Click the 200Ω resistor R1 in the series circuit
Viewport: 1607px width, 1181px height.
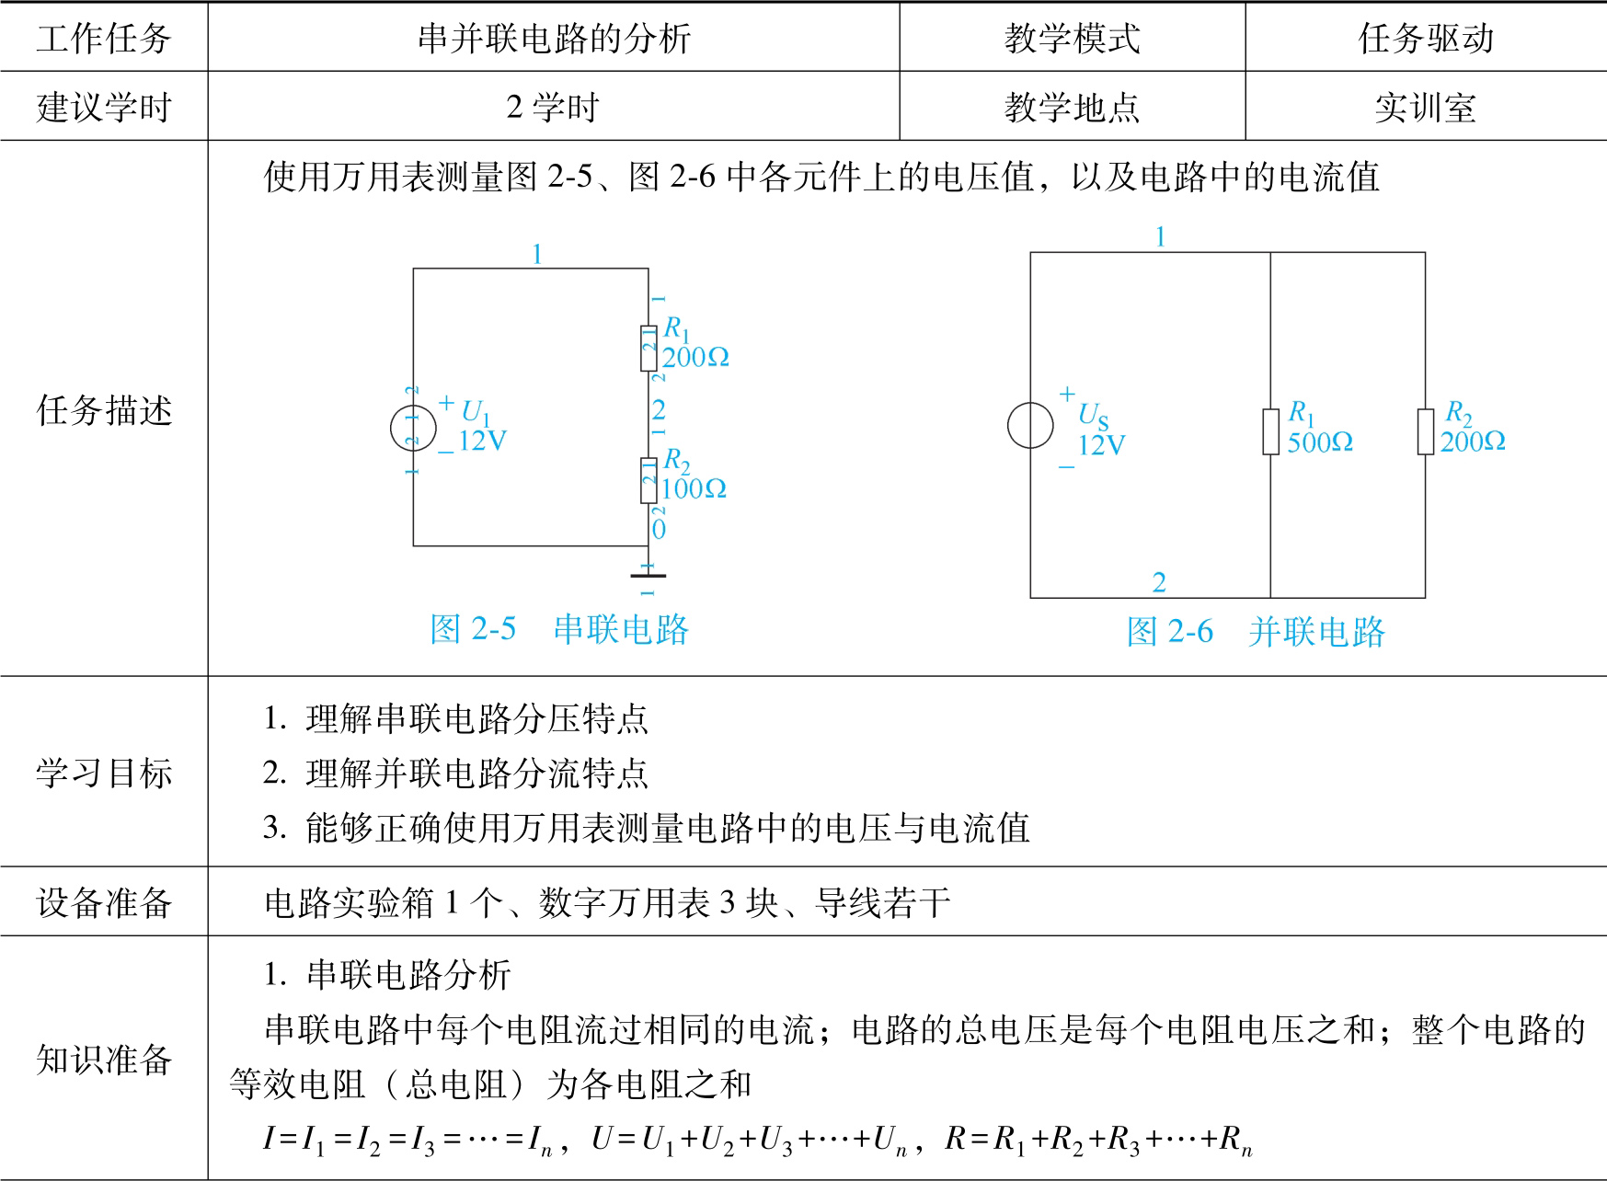point(649,348)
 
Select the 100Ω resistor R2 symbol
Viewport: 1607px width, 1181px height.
point(649,480)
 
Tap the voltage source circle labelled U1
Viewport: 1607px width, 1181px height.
point(413,428)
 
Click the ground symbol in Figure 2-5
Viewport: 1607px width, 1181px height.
point(649,576)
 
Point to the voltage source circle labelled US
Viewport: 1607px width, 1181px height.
point(1030,426)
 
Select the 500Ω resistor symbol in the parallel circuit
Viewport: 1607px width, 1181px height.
point(1270,431)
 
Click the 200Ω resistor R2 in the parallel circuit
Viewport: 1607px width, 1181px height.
point(1426,431)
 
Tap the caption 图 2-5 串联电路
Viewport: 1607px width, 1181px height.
point(559,630)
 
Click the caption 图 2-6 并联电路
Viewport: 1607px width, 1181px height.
point(1256,632)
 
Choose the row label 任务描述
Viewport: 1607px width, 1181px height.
point(104,410)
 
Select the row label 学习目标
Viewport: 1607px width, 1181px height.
point(104,774)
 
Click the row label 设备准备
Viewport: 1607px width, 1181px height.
point(104,903)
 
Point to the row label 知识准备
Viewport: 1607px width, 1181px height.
point(104,1060)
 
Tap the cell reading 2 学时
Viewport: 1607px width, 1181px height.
point(553,108)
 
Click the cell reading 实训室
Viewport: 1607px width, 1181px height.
point(1425,108)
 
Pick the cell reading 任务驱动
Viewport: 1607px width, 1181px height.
point(1426,39)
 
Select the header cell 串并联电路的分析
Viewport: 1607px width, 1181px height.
point(554,39)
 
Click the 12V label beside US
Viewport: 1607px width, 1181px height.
point(1101,446)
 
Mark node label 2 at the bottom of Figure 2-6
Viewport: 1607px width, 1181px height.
point(1159,582)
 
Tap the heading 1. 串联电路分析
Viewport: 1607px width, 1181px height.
point(387,975)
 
